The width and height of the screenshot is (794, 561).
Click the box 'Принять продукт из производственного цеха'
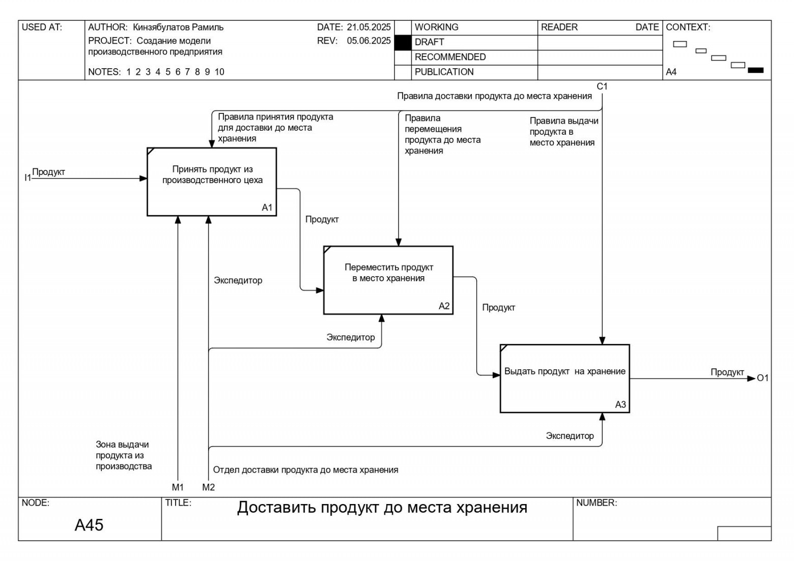pos(212,182)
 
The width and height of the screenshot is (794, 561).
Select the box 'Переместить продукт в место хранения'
pos(388,280)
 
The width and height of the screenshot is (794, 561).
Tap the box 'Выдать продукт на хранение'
pos(564,378)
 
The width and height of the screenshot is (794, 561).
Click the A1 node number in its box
pos(267,208)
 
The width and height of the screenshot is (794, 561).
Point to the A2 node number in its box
pos(444,306)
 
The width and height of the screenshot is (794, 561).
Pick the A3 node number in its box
pos(620,404)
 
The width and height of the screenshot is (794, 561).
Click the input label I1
pos(27,178)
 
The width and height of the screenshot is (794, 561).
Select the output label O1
pos(762,378)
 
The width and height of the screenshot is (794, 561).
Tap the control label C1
pos(602,86)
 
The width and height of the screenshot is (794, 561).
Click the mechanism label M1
pos(178,487)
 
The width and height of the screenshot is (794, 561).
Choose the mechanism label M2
pos(208,487)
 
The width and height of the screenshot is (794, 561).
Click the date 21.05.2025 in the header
pos(368,27)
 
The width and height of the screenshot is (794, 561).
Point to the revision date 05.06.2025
pos(368,41)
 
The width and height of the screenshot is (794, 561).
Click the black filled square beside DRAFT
pos(403,43)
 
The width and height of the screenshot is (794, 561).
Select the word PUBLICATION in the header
pos(444,72)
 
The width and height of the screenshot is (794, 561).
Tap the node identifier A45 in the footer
pos(89,525)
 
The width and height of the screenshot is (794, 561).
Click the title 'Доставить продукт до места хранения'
pos(382,508)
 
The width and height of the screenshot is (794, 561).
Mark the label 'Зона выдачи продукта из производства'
pos(124,455)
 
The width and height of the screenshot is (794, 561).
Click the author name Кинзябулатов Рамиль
pos(178,27)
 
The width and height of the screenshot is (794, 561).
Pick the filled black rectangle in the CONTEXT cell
pos(755,70)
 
